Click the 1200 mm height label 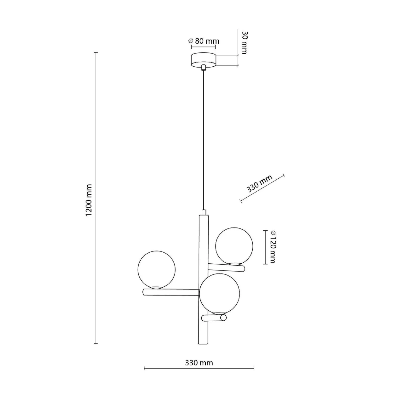tap(89, 200)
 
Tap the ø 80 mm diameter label tap(204, 41)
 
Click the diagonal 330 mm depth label tap(259, 184)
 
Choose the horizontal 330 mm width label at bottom tap(199, 363)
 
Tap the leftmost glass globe tap(157, 270)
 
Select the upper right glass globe tap(234, 246)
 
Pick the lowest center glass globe tap(219, 294)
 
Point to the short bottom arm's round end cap tap(223, 318)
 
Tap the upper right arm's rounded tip tap(243, 269)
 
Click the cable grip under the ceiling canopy tap(203, 68)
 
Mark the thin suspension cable tap(203, 139)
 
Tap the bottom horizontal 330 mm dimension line tap(199, 369)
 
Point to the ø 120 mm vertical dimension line tap(265, 247)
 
